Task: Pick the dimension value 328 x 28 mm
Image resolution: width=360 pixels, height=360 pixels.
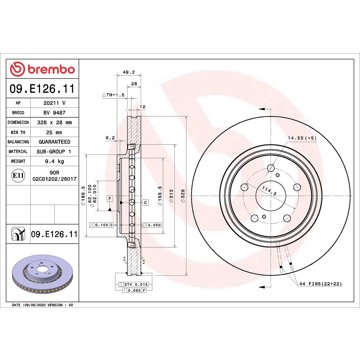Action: (54, 127)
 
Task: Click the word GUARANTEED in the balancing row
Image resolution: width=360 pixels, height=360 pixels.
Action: (54, 145)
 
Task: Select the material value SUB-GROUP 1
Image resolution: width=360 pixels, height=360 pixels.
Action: (54, 154)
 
